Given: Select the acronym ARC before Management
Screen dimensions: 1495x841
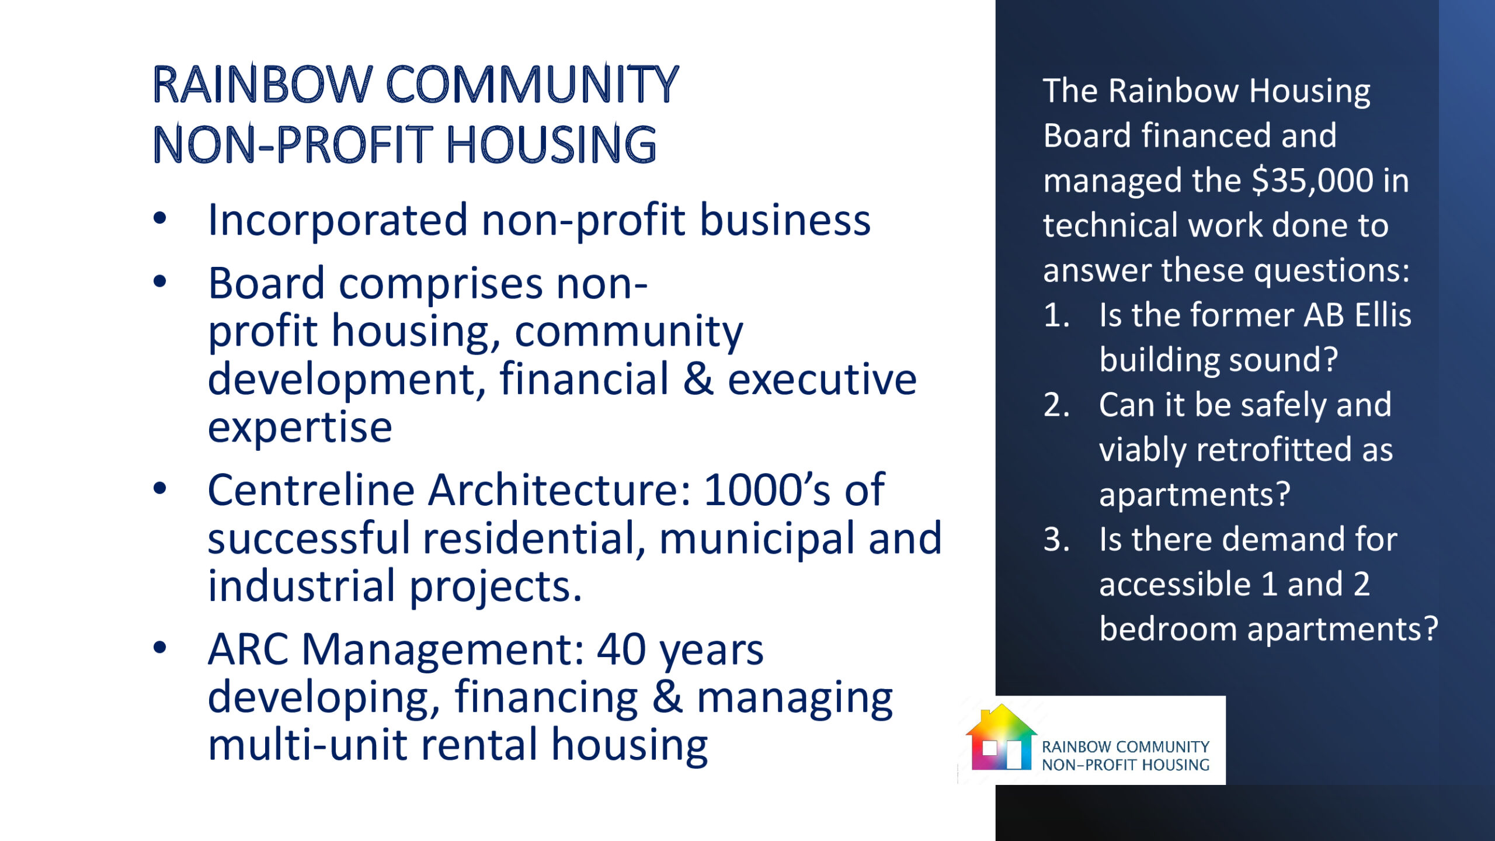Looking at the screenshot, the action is (248, 649).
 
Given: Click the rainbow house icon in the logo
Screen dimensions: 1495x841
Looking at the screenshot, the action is (1001, 737).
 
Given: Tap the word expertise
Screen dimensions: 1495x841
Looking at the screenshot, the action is (300, 428).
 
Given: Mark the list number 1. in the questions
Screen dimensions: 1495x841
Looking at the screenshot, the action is (1056, 315).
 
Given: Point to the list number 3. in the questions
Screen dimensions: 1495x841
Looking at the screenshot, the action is (1056, 539).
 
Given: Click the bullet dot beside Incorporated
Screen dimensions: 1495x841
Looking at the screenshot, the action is (159, 219).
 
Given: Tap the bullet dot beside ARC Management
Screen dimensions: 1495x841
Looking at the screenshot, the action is (159, 647).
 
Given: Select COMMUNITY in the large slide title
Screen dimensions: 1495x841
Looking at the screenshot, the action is (533, 85).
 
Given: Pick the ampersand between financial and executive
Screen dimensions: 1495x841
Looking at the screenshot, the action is (698, 379).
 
